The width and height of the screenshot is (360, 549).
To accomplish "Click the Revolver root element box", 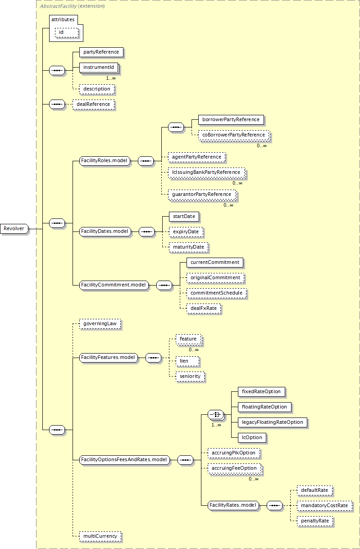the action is (14, 229).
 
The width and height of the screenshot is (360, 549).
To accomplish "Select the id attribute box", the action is (67, 32).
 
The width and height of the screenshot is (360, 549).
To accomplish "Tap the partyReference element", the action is (101, 52).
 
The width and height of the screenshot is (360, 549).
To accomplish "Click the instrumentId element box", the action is (99, 68).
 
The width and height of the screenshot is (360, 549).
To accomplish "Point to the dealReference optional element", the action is (93, 104).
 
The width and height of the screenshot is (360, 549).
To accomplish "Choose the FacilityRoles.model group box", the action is (105, 161).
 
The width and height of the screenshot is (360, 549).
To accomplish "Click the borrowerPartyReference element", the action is (231, 120).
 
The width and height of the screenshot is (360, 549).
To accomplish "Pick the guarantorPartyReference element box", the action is (202, 195).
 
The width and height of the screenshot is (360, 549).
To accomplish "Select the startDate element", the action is (184, 217).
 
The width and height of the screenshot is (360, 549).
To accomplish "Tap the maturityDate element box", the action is (189, 247).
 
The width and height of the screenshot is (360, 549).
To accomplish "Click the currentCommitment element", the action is (215, 263).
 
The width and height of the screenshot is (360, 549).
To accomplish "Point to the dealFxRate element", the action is (204, 309).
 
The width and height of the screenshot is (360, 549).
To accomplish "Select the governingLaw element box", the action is (100, 324).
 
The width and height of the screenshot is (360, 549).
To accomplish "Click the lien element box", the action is (187, 361).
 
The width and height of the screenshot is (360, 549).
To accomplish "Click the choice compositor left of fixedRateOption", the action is (216, 415).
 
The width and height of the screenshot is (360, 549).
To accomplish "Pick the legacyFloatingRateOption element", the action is (273, 422).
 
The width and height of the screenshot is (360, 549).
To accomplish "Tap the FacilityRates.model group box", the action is (233, 505).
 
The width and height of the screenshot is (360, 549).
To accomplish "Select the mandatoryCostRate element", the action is (324, 506).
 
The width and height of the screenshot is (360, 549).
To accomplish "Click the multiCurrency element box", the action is (100, 536).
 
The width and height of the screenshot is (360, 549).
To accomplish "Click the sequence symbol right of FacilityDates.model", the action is (146, 231).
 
